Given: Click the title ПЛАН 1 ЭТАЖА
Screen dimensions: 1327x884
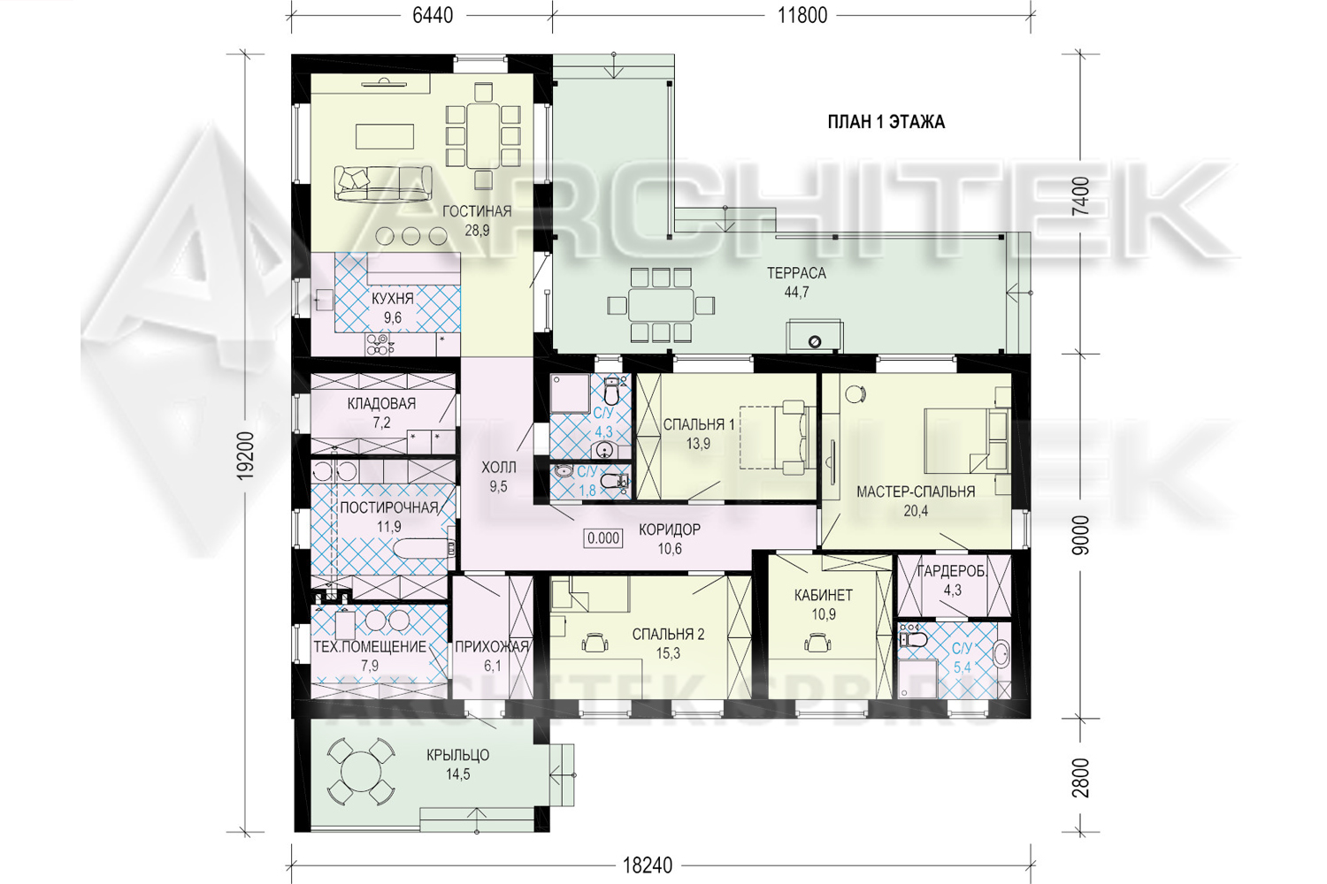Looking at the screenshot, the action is tap(886, 122).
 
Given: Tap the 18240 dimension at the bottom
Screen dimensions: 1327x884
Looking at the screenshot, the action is tap(648, 865).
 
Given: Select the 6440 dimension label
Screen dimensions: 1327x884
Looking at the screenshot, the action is tap(433, 15).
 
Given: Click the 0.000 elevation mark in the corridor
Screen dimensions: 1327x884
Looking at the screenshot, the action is tap(603, 538).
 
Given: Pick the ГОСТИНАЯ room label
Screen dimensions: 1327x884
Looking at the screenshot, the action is tap(477, 211).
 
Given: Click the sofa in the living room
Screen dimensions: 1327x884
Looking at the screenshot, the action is tap(383, 184).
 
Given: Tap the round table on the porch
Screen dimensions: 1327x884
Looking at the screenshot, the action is tap(361, 772).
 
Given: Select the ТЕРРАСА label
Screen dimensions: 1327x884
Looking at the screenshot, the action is tap(796, 273).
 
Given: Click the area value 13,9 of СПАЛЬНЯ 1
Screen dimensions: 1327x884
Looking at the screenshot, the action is tap(698, 444).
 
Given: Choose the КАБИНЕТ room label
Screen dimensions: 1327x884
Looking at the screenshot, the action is tap(824, 595).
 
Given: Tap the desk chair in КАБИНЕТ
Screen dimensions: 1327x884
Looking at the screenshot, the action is tap(817, 642).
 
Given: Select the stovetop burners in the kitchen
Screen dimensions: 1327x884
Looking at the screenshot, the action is tap(380, 345).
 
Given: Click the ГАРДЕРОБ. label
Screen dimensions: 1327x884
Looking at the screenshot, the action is tap(952, 571).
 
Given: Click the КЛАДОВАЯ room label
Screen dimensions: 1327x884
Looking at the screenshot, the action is tap(381, 404).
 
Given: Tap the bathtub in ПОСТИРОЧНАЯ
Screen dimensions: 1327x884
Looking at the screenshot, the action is tap(422, 548).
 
